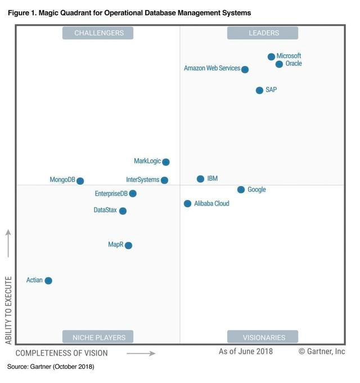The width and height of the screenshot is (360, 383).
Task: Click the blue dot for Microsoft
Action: [271, 57]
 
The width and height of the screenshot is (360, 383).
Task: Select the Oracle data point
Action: [279, 64]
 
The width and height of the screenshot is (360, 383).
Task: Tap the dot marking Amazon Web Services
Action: [245, 69]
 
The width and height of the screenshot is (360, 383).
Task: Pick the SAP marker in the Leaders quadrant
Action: [259, 90]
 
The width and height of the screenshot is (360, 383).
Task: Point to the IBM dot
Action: [200, 179]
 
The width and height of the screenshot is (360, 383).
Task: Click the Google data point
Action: [241, 190]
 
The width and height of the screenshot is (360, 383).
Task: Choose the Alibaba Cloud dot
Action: [187, 204]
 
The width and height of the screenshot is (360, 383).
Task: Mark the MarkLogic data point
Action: [166, 162]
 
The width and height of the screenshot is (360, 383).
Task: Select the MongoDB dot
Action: [80, 181]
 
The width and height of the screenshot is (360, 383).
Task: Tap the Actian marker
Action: [48, 281]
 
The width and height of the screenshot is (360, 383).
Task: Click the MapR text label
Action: [116, 245]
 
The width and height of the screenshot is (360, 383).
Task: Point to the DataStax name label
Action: [105, 210]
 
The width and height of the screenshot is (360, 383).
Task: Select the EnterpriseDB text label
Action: [111, 193]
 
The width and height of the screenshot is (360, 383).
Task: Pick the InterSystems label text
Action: [143, 180]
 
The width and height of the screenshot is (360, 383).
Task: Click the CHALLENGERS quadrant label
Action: [99, 33]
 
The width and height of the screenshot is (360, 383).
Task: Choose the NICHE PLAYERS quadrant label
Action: [99, 337]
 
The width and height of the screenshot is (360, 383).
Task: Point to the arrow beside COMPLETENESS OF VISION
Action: [141, 354]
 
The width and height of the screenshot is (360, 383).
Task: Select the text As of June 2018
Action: [246, 352]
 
